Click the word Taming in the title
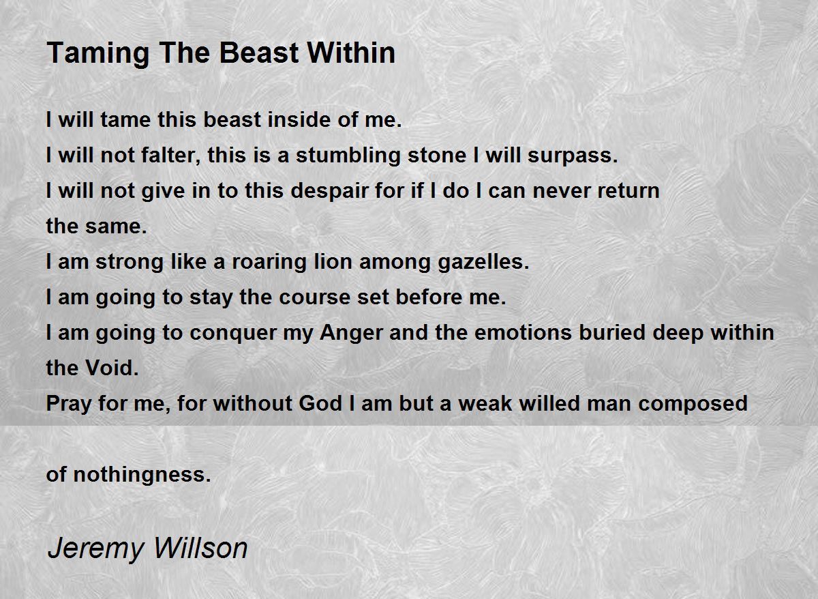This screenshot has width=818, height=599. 98,54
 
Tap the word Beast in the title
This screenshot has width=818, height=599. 259,53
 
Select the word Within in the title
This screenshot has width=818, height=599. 351,53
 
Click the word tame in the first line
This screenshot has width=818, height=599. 125,119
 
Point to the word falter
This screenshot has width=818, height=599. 170,155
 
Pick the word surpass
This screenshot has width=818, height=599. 573,156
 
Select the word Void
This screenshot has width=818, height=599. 112,368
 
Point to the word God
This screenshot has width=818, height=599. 320,403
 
